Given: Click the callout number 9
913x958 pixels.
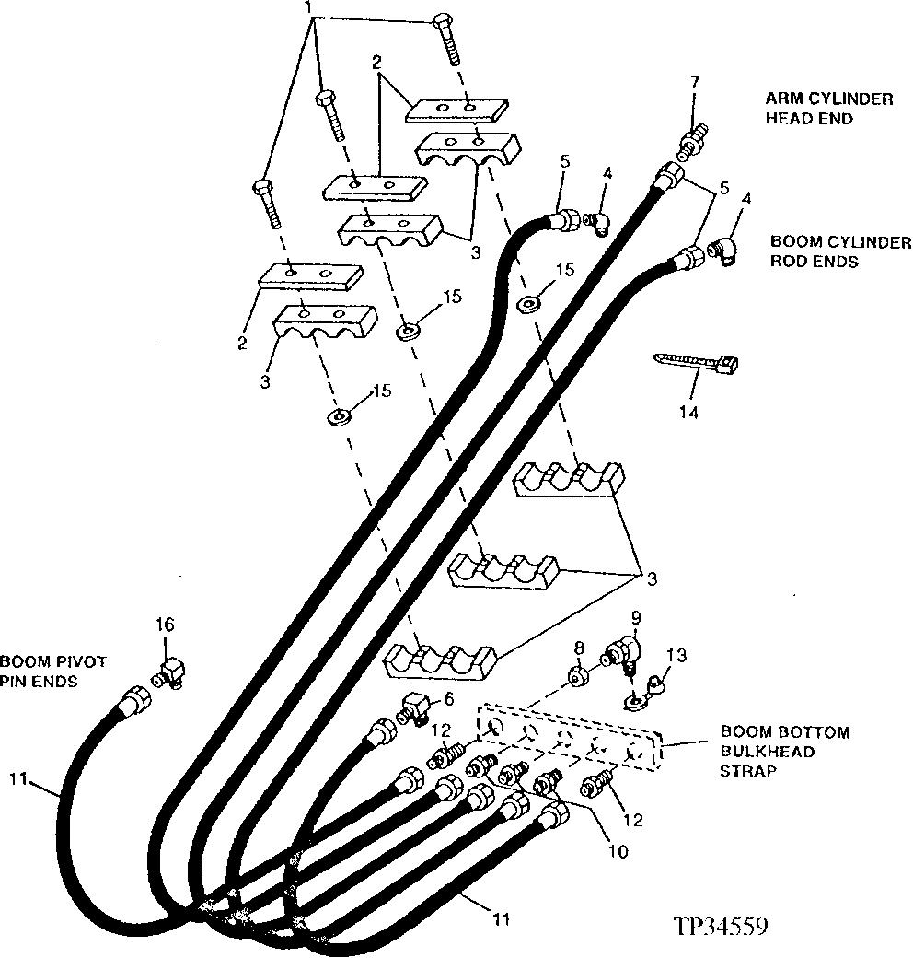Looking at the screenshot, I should click(636, 616).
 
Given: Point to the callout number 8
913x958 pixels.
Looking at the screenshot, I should click(577, 648).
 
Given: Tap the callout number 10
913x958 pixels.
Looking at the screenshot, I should click(618, 852).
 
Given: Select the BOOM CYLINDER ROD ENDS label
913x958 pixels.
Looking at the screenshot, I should click(840, 251).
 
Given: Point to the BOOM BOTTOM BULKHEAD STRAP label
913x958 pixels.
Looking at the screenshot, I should click(784, 752).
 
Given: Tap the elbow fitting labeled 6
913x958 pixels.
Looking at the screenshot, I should click(414, 712).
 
